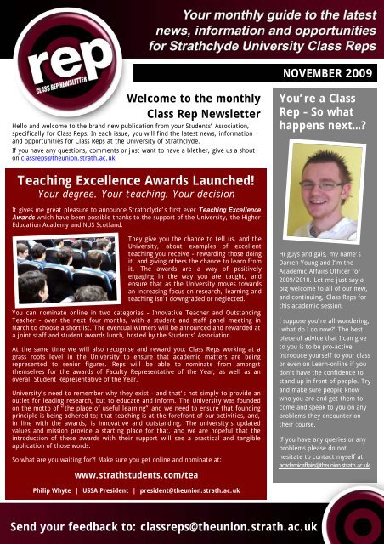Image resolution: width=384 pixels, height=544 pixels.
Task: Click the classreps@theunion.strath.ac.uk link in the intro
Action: point(67,159)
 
